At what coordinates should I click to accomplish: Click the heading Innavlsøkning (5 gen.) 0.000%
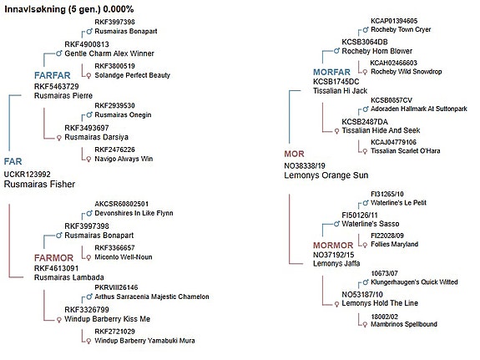point(69,9)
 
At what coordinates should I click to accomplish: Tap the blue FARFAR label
point(53,75)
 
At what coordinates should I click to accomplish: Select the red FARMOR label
point(54,257)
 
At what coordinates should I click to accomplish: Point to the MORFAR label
point(331,72)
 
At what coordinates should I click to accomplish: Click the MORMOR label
point(333,245)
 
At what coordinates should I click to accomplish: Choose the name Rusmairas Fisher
point(39,184)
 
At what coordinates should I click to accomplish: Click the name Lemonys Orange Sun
point(326,175)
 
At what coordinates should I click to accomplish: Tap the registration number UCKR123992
point(28,175)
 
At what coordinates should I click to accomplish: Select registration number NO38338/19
point(305,165)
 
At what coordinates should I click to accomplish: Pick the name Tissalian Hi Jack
point(340,91)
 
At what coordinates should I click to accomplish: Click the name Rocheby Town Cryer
point(401,29)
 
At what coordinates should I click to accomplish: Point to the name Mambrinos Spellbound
point(404,324)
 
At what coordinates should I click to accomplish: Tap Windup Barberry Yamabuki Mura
point(144,341)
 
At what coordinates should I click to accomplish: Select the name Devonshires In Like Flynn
point(134,213)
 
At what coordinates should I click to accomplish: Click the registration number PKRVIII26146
point(116,287)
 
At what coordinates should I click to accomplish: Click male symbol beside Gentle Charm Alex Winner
point(59,53)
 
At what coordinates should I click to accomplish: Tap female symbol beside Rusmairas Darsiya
point(59,138)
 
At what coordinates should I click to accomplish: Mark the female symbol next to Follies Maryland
point(365,245)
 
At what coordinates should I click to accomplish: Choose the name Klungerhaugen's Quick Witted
point(414,281)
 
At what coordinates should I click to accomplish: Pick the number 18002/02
point(384,317)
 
